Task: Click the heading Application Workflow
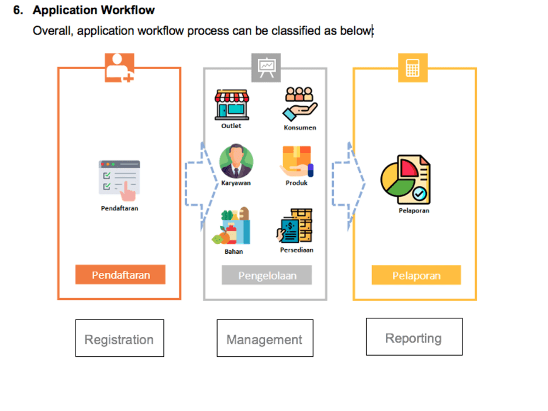(x=94, y=10)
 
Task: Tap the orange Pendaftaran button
(x=120, y=275)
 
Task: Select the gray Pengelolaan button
(x=267, y=275)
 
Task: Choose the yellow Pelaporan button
(x=416, y=275)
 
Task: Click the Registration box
(x=119, y=339)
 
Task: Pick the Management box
(x=265, y=339)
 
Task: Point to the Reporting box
(x=414, y=337)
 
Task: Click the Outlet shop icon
(x=231, y=105)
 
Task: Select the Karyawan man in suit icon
(x=236, y=162)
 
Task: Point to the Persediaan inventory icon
(x=295, y=226)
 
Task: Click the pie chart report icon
(x=406, y=179)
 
